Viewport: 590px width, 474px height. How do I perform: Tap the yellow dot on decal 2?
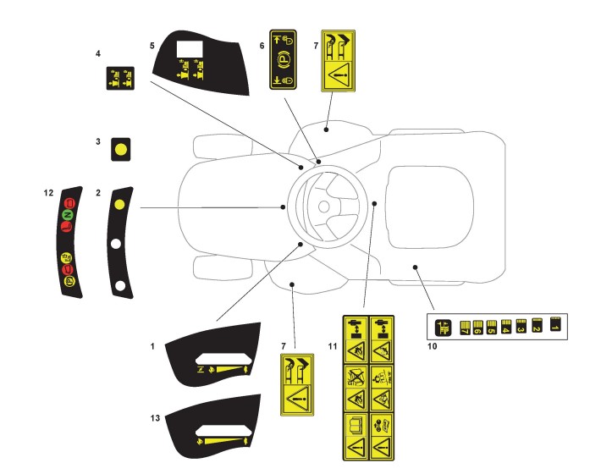120,204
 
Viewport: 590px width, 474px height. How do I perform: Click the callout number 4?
98,54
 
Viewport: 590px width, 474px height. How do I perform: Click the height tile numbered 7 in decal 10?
463,326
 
